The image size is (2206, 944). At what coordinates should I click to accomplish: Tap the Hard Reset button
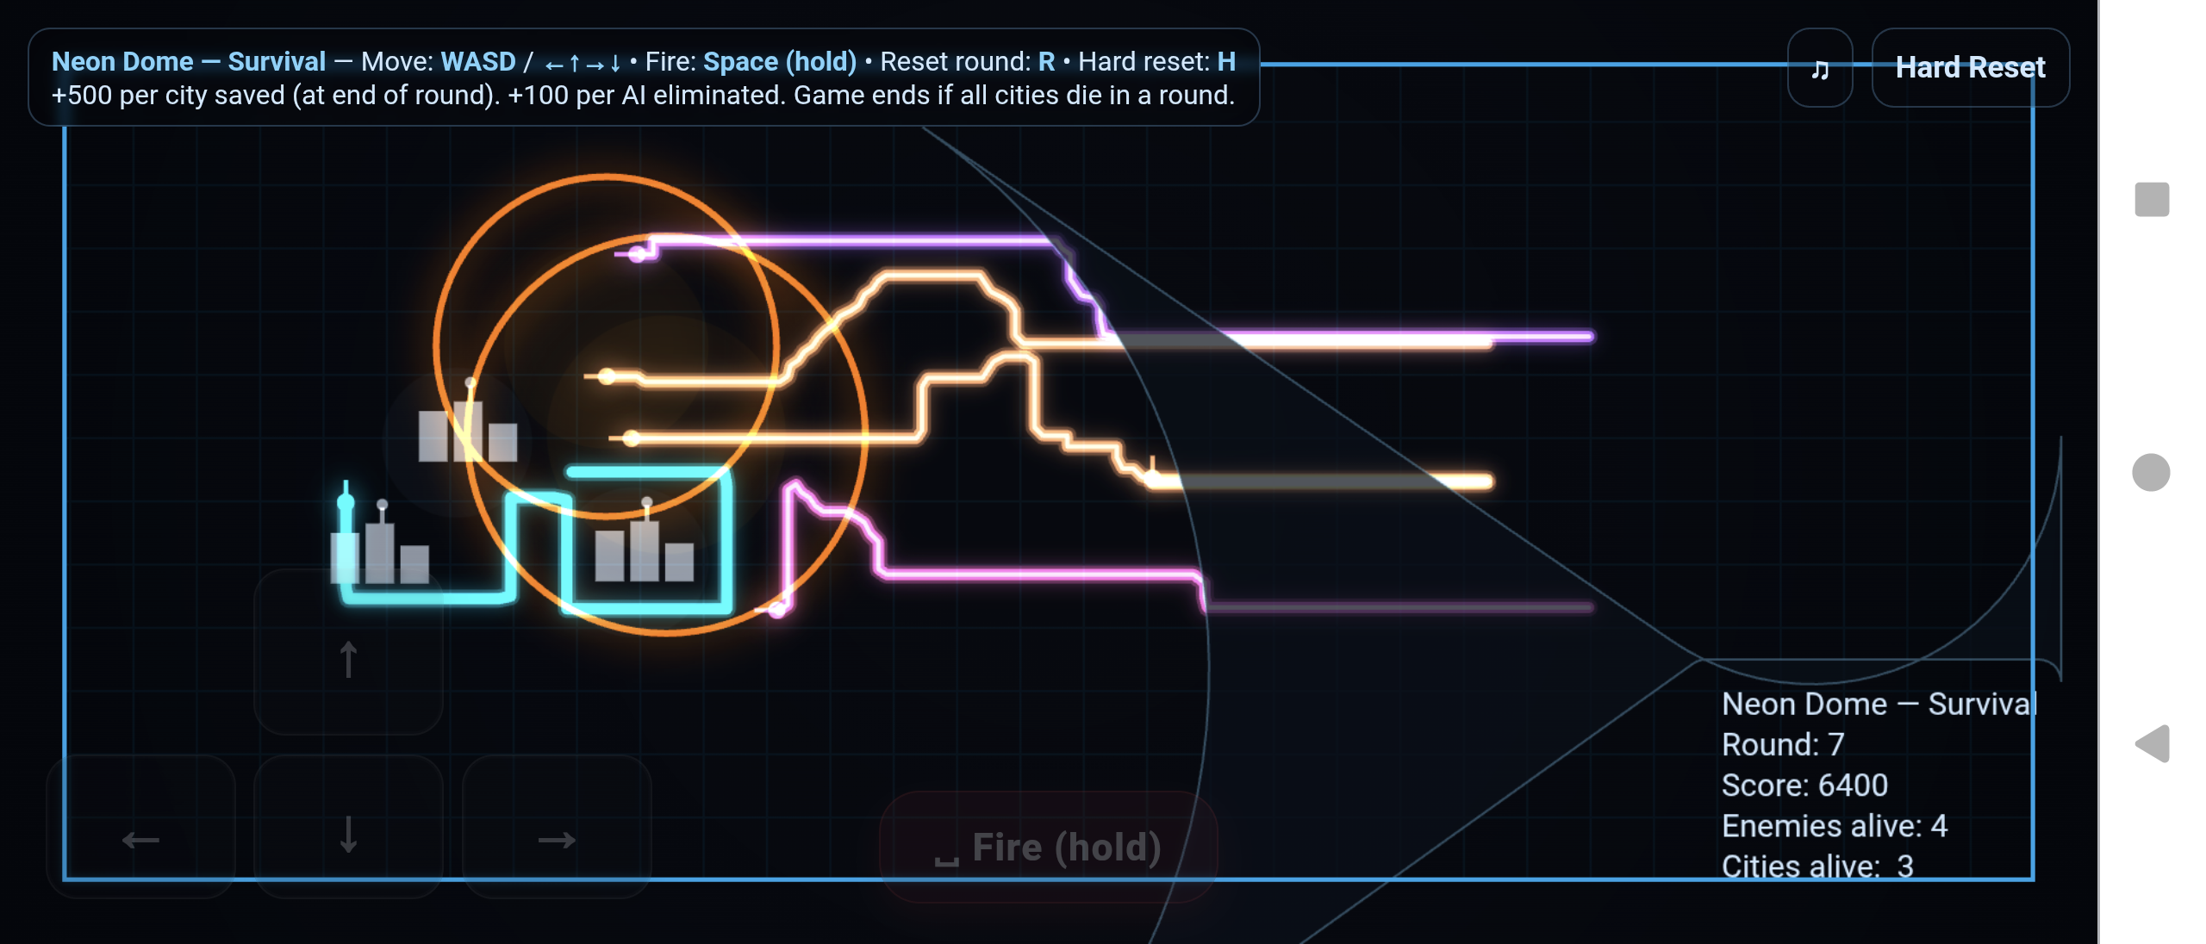pyautogui.click(x=1970, y=67)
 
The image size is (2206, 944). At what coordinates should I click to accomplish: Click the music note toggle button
pyautogui.click(x=1820, y=67)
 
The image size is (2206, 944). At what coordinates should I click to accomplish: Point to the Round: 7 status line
pyautogui.click(x=1783, y=744)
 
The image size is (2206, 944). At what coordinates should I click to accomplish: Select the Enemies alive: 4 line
pyautogui.click(x=1835, y=825)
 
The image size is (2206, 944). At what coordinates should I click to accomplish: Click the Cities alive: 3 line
pyautogui.click(x=1817, y=866)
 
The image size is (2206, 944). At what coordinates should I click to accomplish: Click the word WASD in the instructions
pyautogui.click(x=478, y=61)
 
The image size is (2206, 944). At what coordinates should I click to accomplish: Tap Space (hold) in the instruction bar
pyautogui.click(x=780, y=61)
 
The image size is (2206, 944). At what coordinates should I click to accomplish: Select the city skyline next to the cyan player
pyautogui.click(x=380, y=543)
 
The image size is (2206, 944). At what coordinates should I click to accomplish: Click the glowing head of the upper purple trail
pyautogui.click(x=638, y=254)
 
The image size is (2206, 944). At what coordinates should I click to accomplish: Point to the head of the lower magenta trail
pyautogui.click(x=777, y=610)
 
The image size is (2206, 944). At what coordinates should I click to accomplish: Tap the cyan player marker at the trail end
pyautogui.click(x=346, y=501)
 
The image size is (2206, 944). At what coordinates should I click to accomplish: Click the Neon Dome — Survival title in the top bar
pyautogui.click(x=189, y=61)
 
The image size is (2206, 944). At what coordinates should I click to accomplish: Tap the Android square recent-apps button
pyautogui.click(x=2152, y=200)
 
